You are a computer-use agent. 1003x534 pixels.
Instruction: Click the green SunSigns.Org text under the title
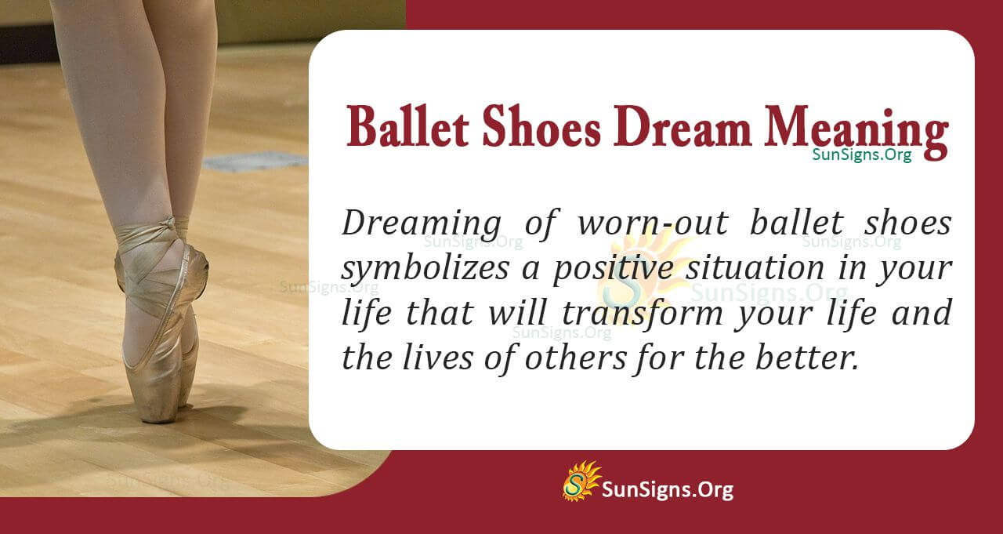(x=861, y=155)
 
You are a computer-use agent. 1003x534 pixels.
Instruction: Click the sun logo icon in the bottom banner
(x=581, y=481)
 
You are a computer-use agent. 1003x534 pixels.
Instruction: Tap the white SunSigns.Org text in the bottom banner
(x=668, y=490)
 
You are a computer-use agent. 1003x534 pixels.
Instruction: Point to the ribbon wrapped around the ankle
(x=149, y=235)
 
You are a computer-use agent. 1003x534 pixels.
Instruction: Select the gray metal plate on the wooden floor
(x=255, y=162)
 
